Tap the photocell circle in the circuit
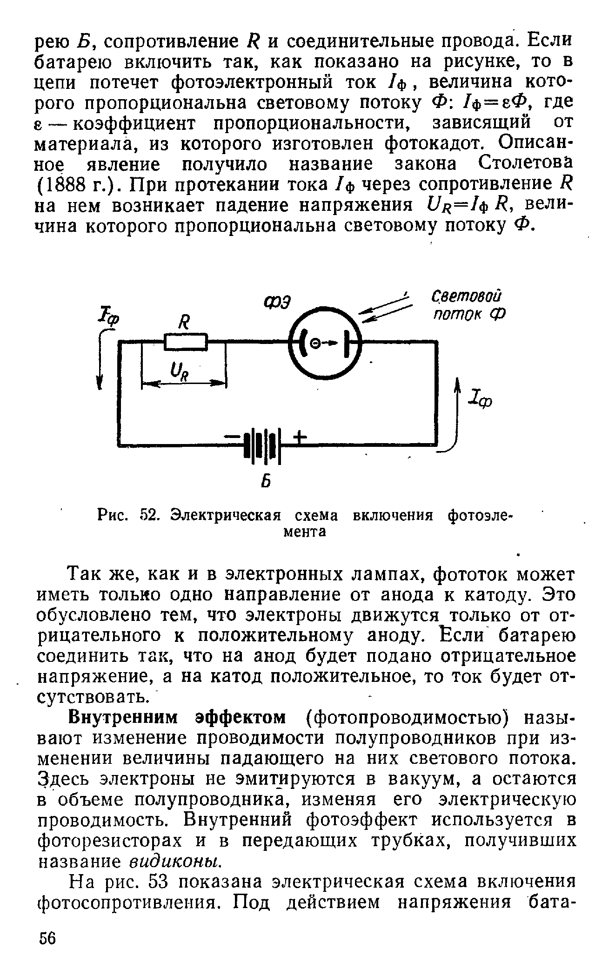tap(325, 343)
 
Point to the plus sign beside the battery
tap(300, 437)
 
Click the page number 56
tap(47, 938)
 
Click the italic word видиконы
tap(174, 862)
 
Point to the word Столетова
tap(523, 164)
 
